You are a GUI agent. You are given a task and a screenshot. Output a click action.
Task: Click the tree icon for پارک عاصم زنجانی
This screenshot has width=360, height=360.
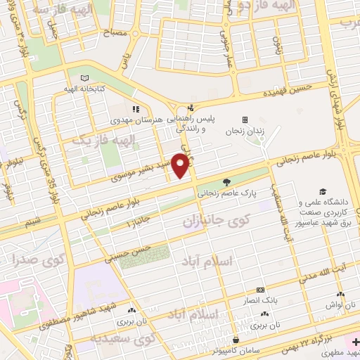[227, 181]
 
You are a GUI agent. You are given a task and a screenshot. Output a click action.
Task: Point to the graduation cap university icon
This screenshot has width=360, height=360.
[323, 191]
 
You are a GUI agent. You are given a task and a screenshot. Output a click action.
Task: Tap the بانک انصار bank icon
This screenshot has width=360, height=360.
[261, 290]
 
